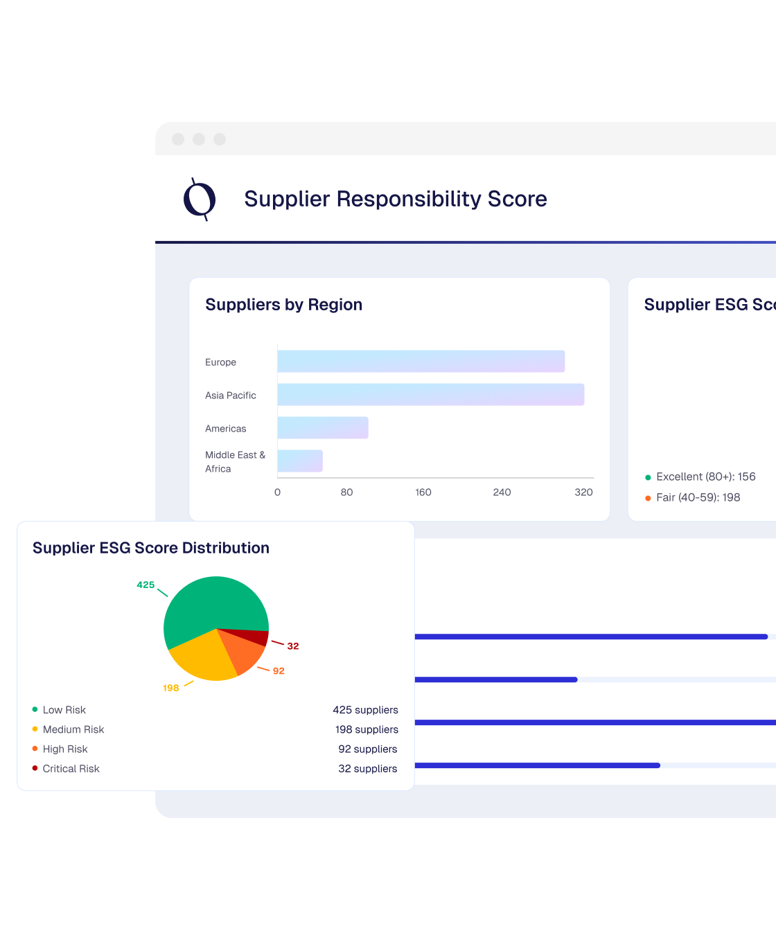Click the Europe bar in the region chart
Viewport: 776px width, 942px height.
[421, 362]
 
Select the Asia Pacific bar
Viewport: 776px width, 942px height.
[431, 395]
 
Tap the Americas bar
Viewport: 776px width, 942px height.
[323, 428]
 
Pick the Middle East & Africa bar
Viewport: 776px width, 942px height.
[300, 461]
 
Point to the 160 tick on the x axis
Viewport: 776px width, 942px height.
[423, 492]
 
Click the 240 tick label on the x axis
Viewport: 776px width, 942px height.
[502, 492]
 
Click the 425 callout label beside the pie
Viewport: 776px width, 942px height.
[145, 585]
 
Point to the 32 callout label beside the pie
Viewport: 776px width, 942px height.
[293, 646]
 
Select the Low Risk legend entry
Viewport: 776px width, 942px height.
[64, 710]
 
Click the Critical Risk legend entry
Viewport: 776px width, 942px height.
[71, 769]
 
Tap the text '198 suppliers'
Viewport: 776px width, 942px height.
[367, 729]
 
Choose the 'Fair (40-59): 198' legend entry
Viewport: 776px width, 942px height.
[698, 497]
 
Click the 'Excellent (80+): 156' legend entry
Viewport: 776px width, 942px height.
[705, 477]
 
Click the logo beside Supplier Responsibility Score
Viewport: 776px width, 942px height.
[200, 199]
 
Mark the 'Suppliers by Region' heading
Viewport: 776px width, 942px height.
[284, 305]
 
